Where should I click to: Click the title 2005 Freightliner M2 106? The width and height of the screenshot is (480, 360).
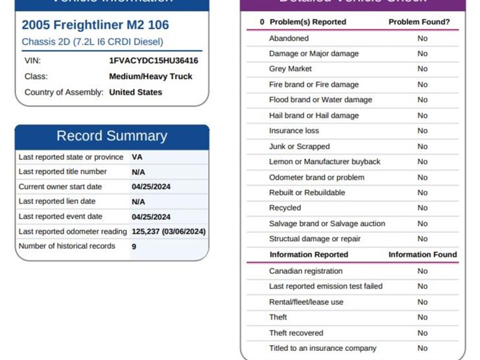click(95, 25)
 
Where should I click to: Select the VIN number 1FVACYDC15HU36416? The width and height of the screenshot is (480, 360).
click(154, 60)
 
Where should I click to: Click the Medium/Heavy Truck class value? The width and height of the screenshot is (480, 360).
click(150, 77)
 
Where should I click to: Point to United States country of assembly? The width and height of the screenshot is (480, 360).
click(136, 92)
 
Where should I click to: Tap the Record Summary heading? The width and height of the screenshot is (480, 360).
click(112, 136)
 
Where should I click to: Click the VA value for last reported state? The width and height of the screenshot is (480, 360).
click(137, 157)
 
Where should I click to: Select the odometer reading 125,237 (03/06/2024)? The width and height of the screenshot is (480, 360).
click(169, 232)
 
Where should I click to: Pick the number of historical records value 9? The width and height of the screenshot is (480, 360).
click(134, 246)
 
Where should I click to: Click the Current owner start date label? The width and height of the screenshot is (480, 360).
click(60, 187)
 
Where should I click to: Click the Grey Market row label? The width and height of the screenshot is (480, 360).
click(291, 69)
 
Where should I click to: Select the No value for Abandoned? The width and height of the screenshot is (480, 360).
click(422, 38)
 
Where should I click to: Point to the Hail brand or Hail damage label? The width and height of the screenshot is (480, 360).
click(314, 115)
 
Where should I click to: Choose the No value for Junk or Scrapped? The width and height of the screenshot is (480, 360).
click(422, 147)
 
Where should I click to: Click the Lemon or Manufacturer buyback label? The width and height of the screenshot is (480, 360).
click(325, 162)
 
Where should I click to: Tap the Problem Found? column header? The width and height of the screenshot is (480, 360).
click(419, 22)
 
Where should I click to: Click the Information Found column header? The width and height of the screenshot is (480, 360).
click(422, 255)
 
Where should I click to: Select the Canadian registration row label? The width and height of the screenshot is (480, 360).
click(306, 271)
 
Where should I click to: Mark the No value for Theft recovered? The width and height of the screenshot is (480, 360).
click(422, 333)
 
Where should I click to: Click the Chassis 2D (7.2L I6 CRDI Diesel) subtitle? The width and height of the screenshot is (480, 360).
click(93, 42)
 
